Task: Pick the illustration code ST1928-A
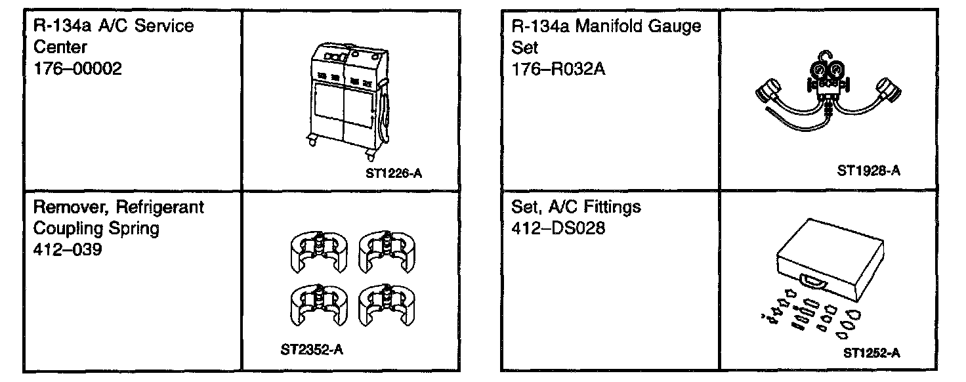click(868, 171)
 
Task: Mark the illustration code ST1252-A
click(871, 352)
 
